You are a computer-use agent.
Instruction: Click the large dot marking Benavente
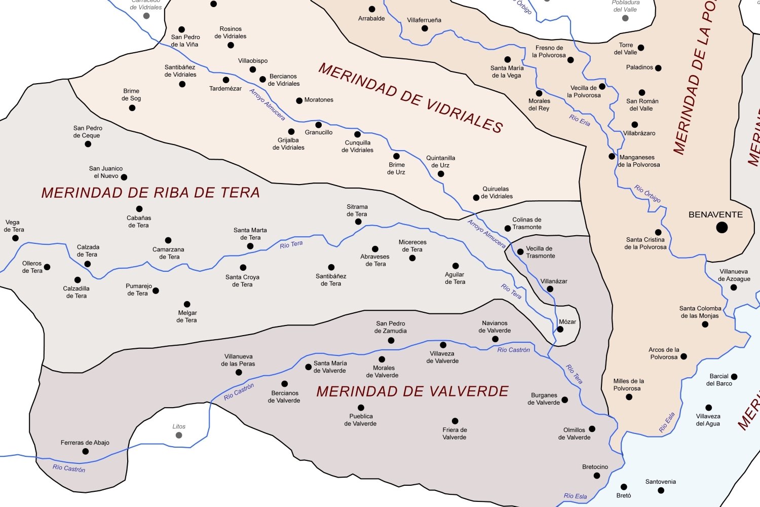click(722, 227)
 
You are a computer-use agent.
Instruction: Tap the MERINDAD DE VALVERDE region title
click(412, 391)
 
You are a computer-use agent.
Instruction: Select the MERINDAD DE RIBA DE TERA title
click(150, 193)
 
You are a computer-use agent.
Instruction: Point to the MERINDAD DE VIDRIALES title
click(410, 98)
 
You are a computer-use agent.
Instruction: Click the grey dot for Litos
click(179, 435)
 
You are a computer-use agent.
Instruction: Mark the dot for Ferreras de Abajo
click(86, 451)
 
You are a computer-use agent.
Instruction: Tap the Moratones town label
click(319, 100)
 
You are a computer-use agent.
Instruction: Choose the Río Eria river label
click(580, 121)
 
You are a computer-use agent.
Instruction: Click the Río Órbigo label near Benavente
click(648, 193)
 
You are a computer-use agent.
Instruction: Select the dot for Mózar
click(560, 329)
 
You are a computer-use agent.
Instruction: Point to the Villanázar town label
click(554, 281)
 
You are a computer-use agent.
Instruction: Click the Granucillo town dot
click(318, 125)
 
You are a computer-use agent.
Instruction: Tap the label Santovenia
click(660, 482)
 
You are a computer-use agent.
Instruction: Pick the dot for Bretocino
click(597, 476)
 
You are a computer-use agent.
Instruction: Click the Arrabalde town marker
click(372, 9)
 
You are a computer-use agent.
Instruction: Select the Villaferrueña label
click(424, 20)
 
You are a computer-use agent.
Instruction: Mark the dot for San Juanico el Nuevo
click(124, 177)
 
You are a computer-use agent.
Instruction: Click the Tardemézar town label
click(225, 89)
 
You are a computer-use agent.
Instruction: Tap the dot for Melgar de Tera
click(187, 304)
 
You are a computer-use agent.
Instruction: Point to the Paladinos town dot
click(658, 68)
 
